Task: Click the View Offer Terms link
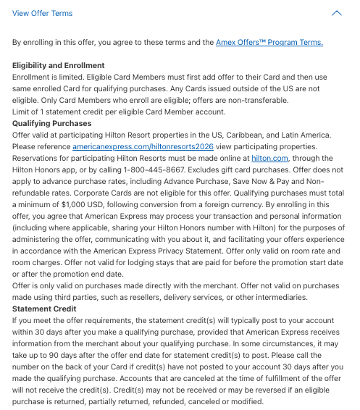[x=42, y=13]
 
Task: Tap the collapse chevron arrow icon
[x=336, y=13]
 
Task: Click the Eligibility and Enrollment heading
[x=59, y=66]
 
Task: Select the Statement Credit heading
[x=45, y=309]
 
